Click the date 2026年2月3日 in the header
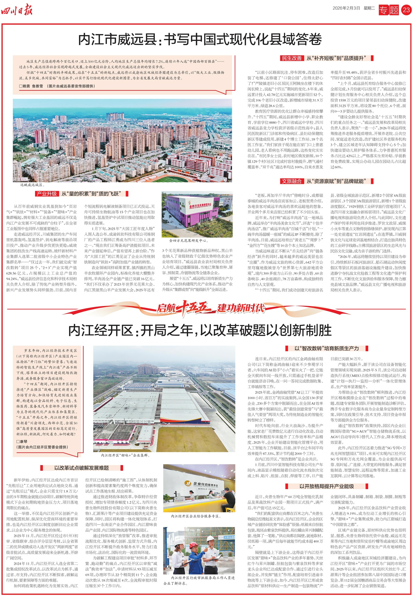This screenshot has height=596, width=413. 346,8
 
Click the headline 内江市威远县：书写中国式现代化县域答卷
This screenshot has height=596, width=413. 200,40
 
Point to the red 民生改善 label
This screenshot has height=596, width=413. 292,58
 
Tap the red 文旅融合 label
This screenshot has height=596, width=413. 292,181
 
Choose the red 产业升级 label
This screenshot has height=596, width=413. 47,194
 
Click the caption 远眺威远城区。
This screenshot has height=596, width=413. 33,185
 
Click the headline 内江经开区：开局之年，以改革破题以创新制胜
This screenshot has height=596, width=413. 200,331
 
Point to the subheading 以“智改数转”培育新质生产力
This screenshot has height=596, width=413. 327,349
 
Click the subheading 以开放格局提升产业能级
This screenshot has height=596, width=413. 327,486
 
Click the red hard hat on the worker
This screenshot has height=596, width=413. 193,538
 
